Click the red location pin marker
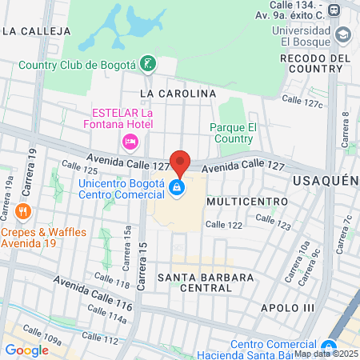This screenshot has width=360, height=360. pyautogui.click(x=180, y=162)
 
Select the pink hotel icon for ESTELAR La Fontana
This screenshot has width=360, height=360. pyautogui.click(x=130, y=142)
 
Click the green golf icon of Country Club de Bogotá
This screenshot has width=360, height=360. pyautogui.click(x=147, y=63)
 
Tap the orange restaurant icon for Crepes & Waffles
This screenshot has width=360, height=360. pyautogui.click(x=22, y=211)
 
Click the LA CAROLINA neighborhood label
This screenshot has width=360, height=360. pyautogui.click(x=178, y=94)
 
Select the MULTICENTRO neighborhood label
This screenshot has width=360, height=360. pyautogui.click(x=246, y=202)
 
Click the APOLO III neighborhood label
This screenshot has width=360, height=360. pyautogui.click(x=288, y=307)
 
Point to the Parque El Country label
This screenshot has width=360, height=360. pyautogui.click(x=233, y=133)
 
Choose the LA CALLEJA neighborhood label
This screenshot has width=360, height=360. pyautogui.click(x=37, y=31)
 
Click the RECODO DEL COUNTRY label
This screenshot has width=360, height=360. pyautogui.click(x=316, y=64)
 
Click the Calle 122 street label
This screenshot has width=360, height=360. pyautogui.click(x=223, y=225)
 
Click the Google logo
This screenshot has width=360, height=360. pyautogui.click(x=26, y=350)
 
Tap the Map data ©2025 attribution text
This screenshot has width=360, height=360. pyautogui.click(x=326, y=354)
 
